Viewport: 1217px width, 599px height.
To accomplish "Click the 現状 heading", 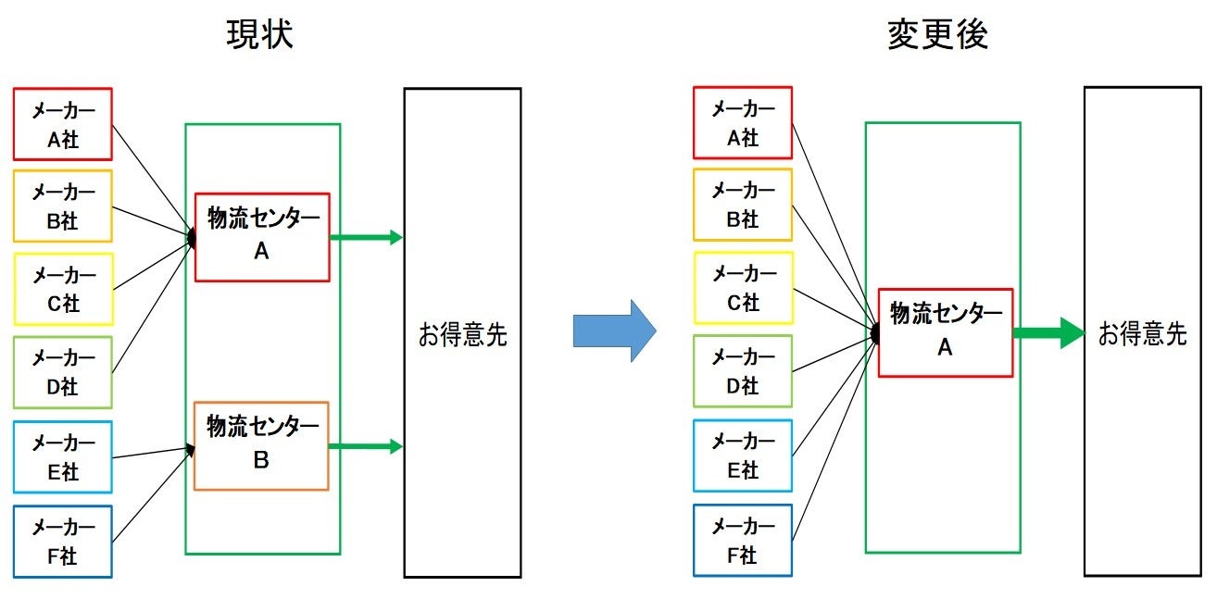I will pos(260,34).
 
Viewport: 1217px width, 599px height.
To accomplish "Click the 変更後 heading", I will pos(937,34).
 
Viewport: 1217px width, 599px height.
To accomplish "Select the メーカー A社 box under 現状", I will pos(63,124).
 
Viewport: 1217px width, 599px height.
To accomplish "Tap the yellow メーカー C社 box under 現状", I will pos(63,289).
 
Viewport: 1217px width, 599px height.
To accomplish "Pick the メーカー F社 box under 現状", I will pos(63,542).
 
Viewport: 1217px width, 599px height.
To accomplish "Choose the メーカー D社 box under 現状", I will pos(63,372).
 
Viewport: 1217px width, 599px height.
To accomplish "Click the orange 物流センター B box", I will pos(261,445).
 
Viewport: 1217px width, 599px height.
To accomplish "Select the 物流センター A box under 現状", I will pos(262,237).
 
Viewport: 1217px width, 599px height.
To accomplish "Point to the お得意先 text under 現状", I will pos(462,335).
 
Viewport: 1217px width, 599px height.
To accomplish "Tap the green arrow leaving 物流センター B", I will pos(366,446).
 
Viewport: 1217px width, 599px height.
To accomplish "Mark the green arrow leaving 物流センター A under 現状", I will pos(366,238).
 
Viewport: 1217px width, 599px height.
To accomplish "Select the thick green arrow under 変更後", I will pos(1048,332).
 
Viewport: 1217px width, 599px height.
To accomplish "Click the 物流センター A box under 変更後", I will pos(945,332).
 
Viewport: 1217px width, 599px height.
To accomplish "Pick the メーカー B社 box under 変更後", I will pos(743,205).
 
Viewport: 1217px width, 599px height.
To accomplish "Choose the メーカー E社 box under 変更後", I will pos(743,455).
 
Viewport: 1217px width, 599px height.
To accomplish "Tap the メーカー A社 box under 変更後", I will pos(743,123).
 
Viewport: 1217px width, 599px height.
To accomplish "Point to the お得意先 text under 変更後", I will pos(1142,334).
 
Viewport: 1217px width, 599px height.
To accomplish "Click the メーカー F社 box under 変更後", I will pos(743,541).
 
